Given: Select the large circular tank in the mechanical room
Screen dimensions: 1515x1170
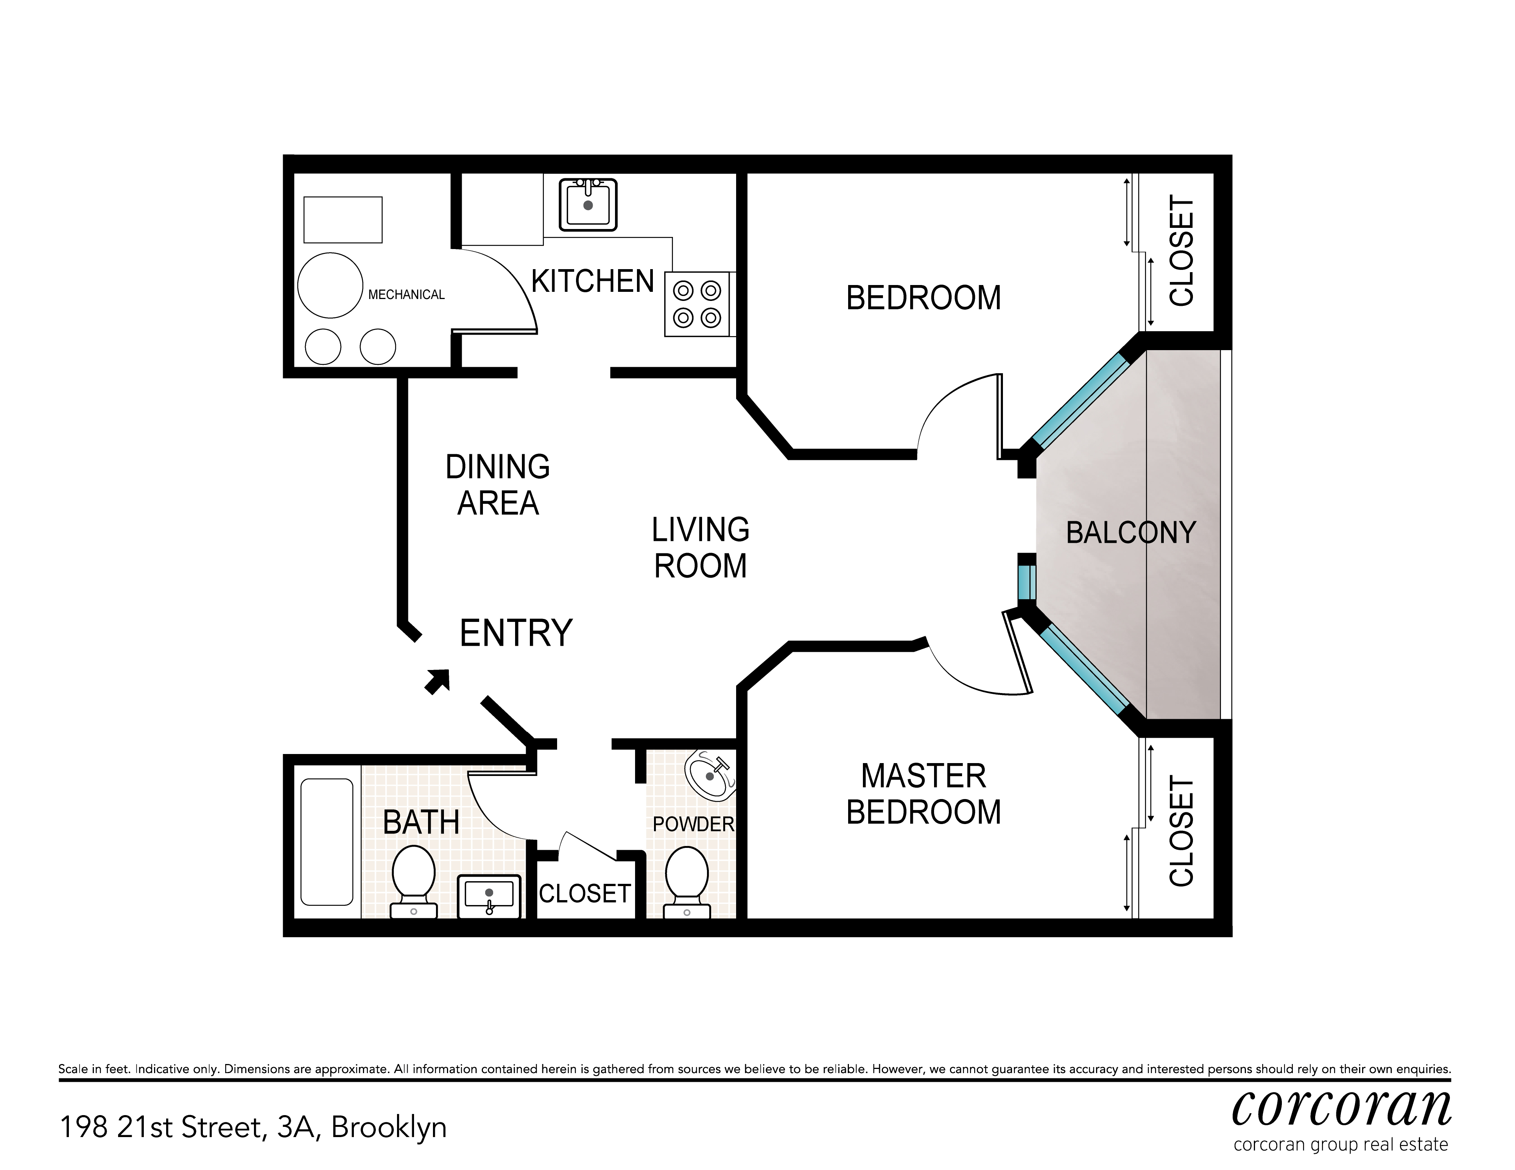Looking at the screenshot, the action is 330,285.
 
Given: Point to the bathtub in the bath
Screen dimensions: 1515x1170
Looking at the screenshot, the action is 327,842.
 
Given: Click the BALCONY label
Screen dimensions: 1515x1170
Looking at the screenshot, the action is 1131,533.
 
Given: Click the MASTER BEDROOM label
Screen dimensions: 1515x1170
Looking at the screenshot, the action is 923,794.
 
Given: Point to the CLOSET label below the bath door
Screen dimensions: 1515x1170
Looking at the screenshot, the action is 585,894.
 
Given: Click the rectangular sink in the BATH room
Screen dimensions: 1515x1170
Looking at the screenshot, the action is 489,895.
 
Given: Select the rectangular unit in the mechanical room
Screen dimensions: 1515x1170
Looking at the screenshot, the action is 343,219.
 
